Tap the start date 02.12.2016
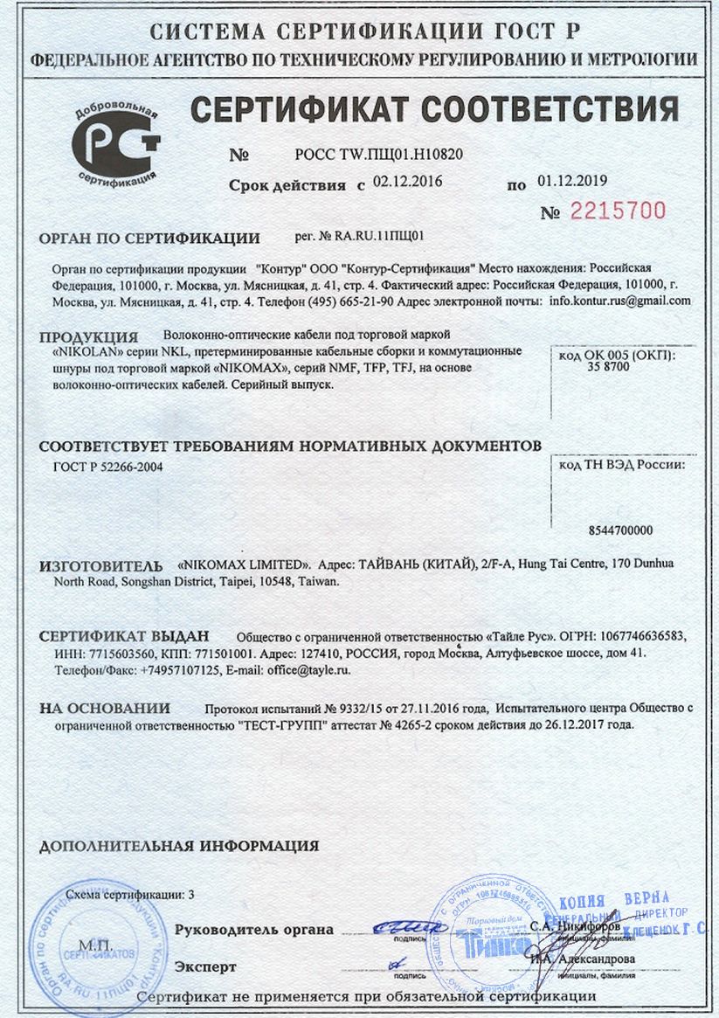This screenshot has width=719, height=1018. click(408, 183)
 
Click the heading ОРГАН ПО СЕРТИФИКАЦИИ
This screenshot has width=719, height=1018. click(150, 238)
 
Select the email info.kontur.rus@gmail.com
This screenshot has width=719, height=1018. click(620, 300)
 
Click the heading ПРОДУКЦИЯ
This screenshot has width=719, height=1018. click(89, 337)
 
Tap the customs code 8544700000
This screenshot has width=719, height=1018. click(622, 530)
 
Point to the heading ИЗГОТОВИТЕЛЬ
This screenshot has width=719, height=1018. click(101, 566)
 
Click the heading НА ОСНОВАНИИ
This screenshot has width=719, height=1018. click(105, 708)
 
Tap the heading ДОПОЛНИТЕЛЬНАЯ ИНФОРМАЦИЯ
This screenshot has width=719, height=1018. click(179, 846)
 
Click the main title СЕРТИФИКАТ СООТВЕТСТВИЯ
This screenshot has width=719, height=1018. click(434, 110)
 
